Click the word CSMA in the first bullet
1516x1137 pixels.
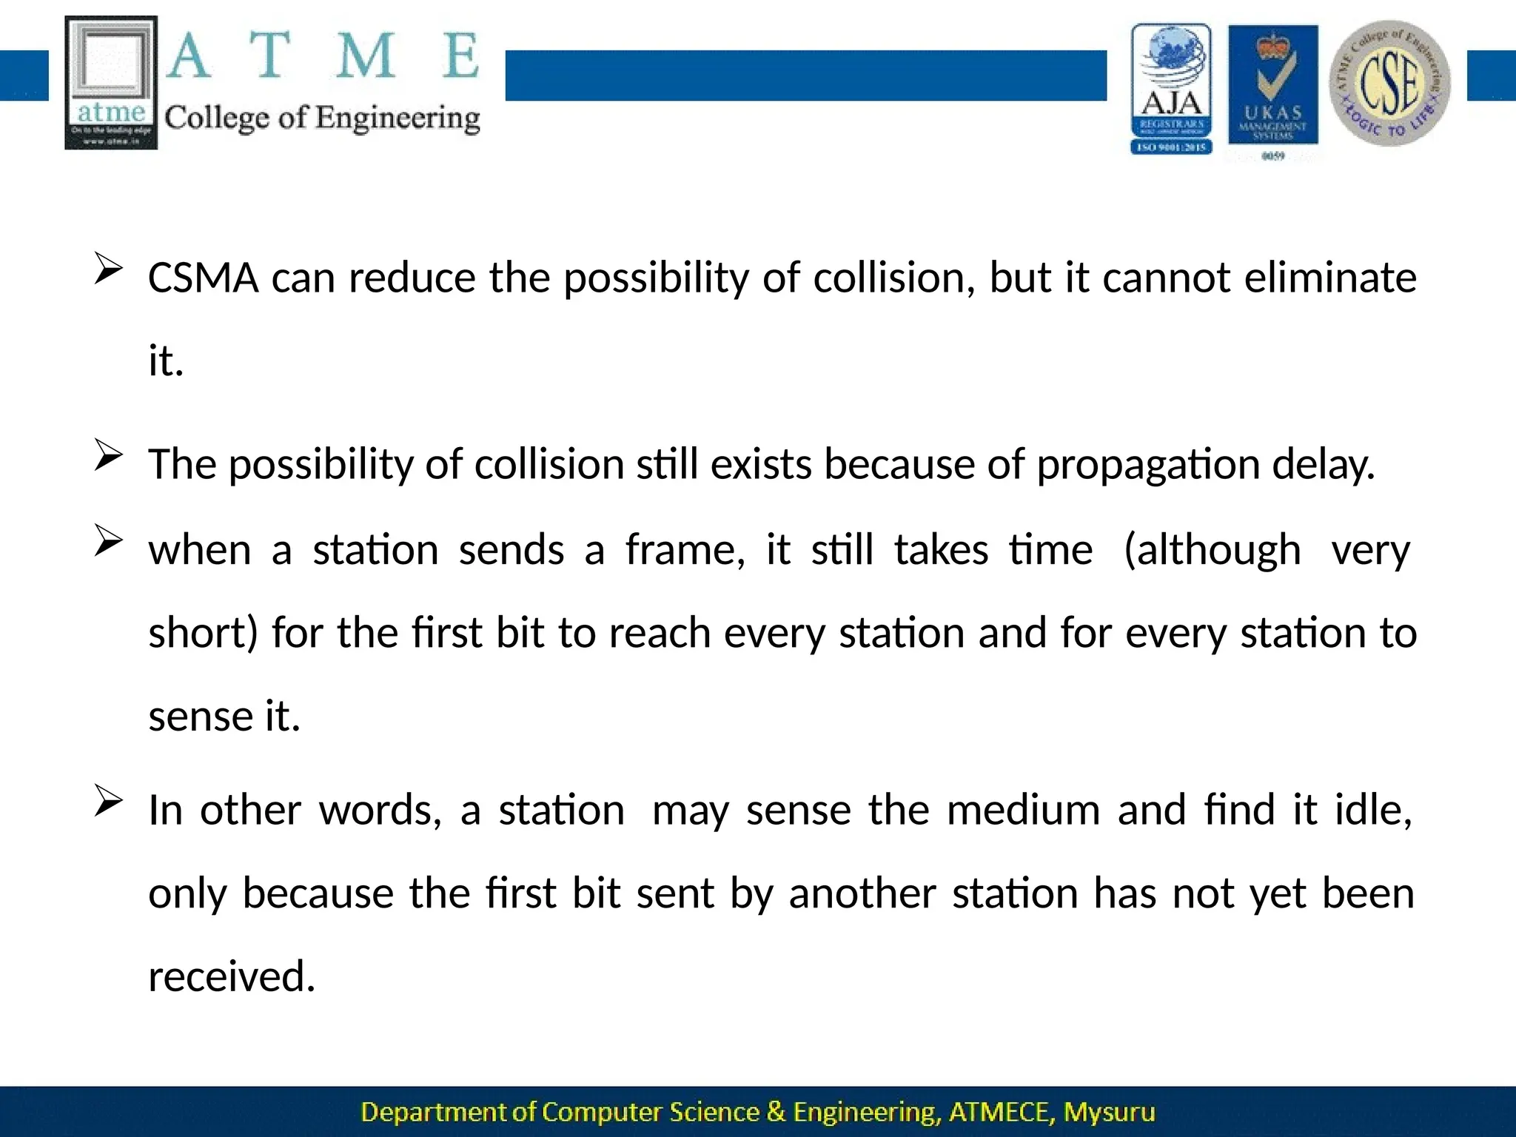point(203,278)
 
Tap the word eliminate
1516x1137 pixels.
point(1330,278)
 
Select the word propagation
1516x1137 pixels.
point(1147,465)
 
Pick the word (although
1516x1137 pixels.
point(1212,551)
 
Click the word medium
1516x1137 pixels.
point(1023,811)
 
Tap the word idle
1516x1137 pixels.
point(1373,811)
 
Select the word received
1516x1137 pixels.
point(232,976)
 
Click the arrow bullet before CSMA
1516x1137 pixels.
point(108,269)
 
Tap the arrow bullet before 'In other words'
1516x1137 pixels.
point(108,802)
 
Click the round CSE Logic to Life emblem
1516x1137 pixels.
point(1390,83)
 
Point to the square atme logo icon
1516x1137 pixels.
point(111,82)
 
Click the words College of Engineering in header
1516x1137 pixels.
point(322,118)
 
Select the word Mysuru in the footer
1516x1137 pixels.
point(1109,1113)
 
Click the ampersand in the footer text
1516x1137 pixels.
point(776,1113)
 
